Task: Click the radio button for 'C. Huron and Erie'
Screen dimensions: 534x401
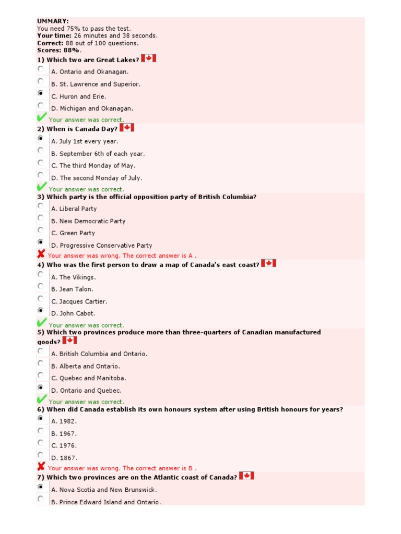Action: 41,93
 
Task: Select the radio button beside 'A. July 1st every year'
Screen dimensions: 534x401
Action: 41,139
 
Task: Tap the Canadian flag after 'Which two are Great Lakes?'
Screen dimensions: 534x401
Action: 149,58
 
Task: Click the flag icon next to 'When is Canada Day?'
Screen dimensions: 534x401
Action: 127,127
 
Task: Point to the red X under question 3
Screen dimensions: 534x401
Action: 41,254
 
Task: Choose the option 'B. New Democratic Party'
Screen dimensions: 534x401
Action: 88,221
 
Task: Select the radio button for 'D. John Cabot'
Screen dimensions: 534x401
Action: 41,311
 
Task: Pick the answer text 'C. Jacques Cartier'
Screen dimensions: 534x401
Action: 79,301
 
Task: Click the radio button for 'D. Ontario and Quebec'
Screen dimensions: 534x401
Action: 41,387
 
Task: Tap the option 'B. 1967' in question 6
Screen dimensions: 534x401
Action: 64,433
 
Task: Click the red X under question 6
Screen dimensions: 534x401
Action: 41,467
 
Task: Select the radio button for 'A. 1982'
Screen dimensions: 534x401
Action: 41,418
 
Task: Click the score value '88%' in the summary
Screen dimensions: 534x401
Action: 72,51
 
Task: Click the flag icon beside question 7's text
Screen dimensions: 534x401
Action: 246,476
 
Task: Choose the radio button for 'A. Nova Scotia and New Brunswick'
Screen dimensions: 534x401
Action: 41,487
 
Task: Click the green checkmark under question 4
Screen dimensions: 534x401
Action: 42,323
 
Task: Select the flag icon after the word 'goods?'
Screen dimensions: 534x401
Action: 69,341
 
